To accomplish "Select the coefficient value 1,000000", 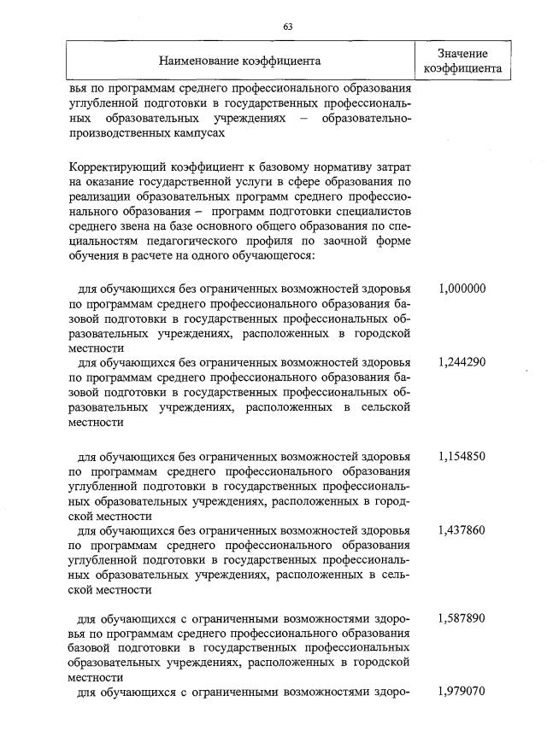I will coord(462,289).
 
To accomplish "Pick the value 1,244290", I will coord(462,361).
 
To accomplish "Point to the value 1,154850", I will coord(462,457).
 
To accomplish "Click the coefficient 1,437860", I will coord(462,530).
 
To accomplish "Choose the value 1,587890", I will coord(462,617).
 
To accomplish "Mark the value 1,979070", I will coord(462,690).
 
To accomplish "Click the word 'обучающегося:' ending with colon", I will coord(275,255).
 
